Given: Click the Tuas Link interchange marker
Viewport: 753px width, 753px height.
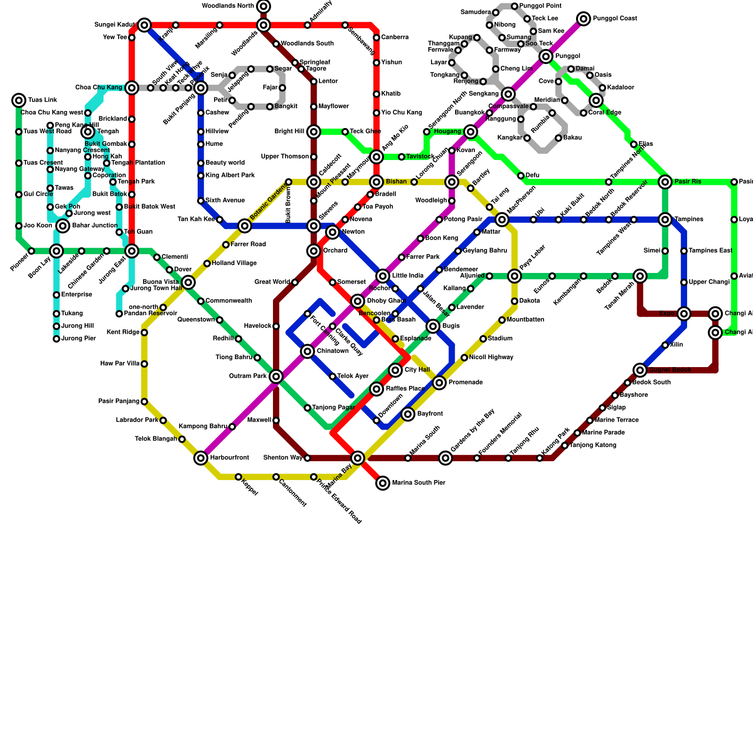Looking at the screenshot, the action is (19, 100).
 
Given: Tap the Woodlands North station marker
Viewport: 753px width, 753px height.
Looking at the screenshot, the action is (264, 6).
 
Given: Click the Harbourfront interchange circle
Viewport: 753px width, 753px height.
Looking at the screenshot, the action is (201, 458).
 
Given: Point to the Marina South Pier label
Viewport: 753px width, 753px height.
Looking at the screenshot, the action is (418, 483).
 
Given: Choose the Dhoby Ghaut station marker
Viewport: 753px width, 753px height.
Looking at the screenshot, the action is (358, 301).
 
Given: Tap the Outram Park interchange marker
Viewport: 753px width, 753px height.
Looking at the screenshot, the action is (276, 376).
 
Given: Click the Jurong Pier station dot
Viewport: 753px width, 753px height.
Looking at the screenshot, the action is (56, 339).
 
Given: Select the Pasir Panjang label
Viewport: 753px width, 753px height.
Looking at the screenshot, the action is (119, 401).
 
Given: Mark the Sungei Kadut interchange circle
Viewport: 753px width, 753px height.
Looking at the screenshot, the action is (144, 25).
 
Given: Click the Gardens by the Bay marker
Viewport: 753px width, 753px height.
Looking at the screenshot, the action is (446, 458).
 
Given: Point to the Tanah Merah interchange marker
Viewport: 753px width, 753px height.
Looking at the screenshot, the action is (640, 276).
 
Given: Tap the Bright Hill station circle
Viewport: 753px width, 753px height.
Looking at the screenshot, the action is (314, 132).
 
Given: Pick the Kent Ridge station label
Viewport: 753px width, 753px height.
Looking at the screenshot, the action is (123, 332).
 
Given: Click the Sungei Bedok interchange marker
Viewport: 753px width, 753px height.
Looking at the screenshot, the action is (640, 370).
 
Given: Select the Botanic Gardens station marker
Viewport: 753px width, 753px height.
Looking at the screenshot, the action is (245, 226).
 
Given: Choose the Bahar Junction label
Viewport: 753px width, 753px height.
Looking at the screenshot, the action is (95, 226).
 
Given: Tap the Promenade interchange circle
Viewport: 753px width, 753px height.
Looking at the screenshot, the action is (439, 383).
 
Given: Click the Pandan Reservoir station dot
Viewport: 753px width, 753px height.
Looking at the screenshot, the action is (119, 314).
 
